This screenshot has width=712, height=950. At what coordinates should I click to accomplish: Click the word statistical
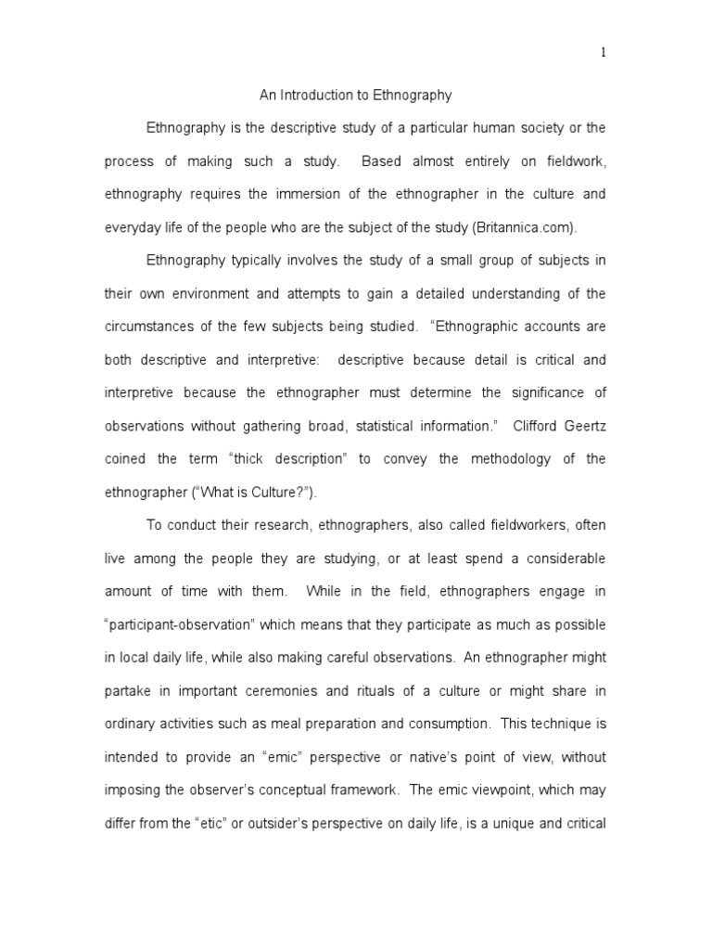click(x=385, y=426)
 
